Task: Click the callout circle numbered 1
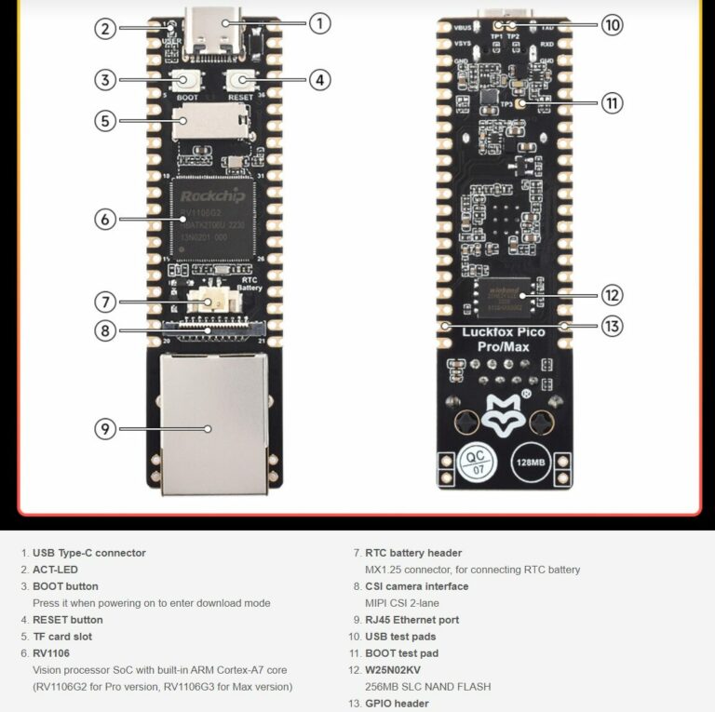click(319, 23)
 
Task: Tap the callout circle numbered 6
click(105, 219)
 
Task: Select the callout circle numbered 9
click(105, 428)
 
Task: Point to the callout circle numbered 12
click(612, 295)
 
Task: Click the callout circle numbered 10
click(612, 24)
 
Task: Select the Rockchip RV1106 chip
click(214, 219)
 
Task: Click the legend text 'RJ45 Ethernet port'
click(411, 620)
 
